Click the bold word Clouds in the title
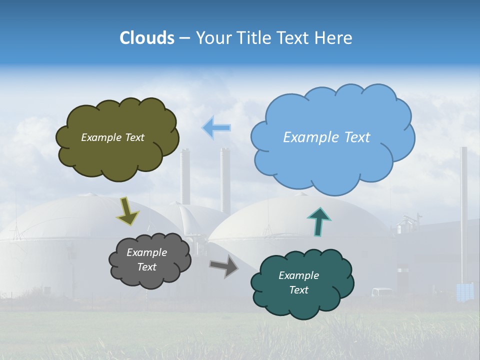tap(147, 38)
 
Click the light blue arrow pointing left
tap(216, 128)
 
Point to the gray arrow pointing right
tap(223, 266)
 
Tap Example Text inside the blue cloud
tap(326, 137)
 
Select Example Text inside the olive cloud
tap(112, 137)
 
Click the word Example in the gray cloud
tap(146, 252)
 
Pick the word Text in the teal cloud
tap(298, 290)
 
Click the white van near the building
tap(382, 292)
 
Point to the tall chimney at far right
tap(464, 210)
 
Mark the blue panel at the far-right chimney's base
tap(465, 291)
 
